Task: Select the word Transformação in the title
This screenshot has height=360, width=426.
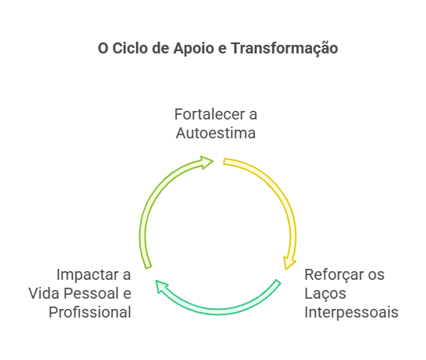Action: (x=285, y=49)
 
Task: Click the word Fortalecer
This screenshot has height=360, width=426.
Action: (x=210, y=114)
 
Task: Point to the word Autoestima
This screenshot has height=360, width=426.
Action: (x=215, y=133)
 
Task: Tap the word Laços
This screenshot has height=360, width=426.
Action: (x=325, y=294)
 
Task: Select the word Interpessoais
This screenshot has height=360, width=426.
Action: (x=351, y=313)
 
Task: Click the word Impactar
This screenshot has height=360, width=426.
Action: (x=88, y=275)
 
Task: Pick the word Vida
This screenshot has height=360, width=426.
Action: (x=44, y=293)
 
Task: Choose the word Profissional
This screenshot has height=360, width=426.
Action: (x=90, y=312)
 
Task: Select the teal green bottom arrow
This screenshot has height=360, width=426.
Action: (x=218, y=310)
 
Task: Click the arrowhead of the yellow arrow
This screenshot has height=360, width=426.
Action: (x=288, y=263)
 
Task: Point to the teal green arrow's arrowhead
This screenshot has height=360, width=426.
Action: (x=162, y=287)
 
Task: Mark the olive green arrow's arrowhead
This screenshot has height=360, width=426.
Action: (x=207, y=162)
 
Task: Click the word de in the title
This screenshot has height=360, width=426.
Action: (x=161, y=48)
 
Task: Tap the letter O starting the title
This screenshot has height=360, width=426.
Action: (x=103, y=49)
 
